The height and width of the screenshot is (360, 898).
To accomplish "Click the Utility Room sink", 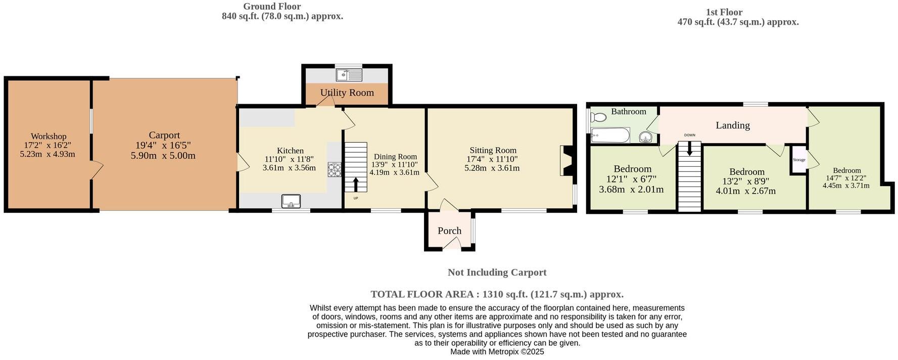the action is (349, 75).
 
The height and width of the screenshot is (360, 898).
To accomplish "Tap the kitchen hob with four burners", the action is (335, 169).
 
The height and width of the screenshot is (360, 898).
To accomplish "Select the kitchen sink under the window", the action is (291, 201).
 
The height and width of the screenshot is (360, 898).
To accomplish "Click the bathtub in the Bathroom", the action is (610, 136).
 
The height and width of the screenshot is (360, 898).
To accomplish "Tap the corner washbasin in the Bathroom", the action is (646, 137).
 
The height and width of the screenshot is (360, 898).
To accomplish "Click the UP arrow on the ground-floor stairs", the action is (356, 185).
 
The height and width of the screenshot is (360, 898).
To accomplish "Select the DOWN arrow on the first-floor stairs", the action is (690, 148).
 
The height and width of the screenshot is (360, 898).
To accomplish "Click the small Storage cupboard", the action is (799, 160).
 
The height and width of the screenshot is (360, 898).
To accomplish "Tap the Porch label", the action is (449, 231).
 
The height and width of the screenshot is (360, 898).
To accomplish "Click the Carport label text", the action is (164, 135).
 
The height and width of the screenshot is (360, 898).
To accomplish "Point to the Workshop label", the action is (49, 137).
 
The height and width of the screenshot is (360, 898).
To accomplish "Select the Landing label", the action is (733, 125).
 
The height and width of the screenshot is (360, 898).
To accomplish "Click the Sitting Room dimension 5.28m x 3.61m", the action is (492, 168).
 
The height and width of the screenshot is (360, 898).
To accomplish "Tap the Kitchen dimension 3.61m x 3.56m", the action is (289, 168).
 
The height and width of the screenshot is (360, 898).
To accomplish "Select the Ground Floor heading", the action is (272, 7).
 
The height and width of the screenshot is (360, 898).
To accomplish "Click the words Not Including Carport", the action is (497, 273).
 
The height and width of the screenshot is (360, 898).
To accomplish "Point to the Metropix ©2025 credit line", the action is (497, 351).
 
